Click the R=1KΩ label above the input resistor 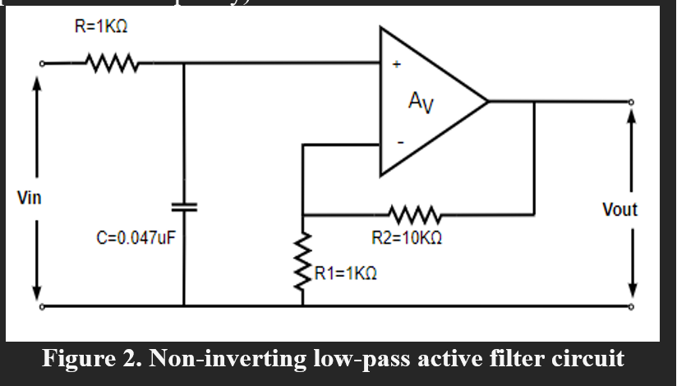(x=101, y=27)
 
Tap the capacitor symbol (x=184, y=206)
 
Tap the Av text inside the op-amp (x=420, y=102)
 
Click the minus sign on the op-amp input (x=400, y=142)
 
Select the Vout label (x=619, y=209)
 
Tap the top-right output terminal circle (x=632, y=102)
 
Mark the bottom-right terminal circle (x=632, y=306)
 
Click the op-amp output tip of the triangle (x=487, y=102)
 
